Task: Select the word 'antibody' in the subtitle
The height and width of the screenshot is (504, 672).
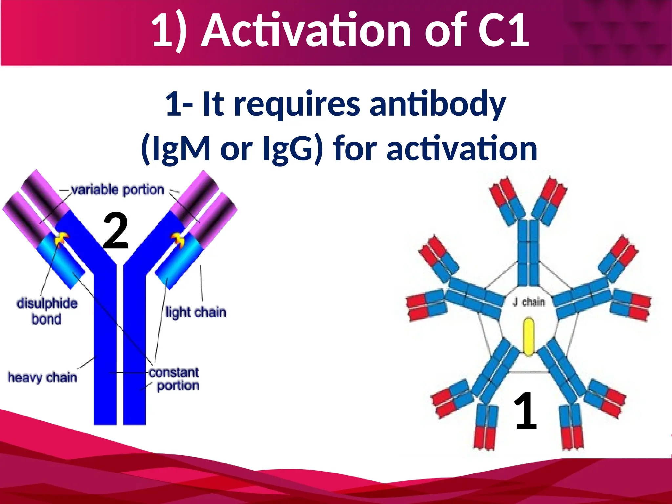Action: [x=438, y=104]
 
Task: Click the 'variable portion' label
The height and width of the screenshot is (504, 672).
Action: [x=117, y=190]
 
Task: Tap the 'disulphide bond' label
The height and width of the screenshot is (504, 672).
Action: [x=47, y=311]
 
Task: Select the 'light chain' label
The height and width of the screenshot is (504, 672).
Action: [x=196, y=312]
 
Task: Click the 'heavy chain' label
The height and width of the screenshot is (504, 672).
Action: [x=42, y=377]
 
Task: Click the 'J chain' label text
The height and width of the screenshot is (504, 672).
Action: [x=529, y=302]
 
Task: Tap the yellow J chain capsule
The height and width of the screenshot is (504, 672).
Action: [x=528, y=336]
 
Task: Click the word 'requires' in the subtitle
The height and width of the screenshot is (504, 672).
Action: [x=297, y=104]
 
